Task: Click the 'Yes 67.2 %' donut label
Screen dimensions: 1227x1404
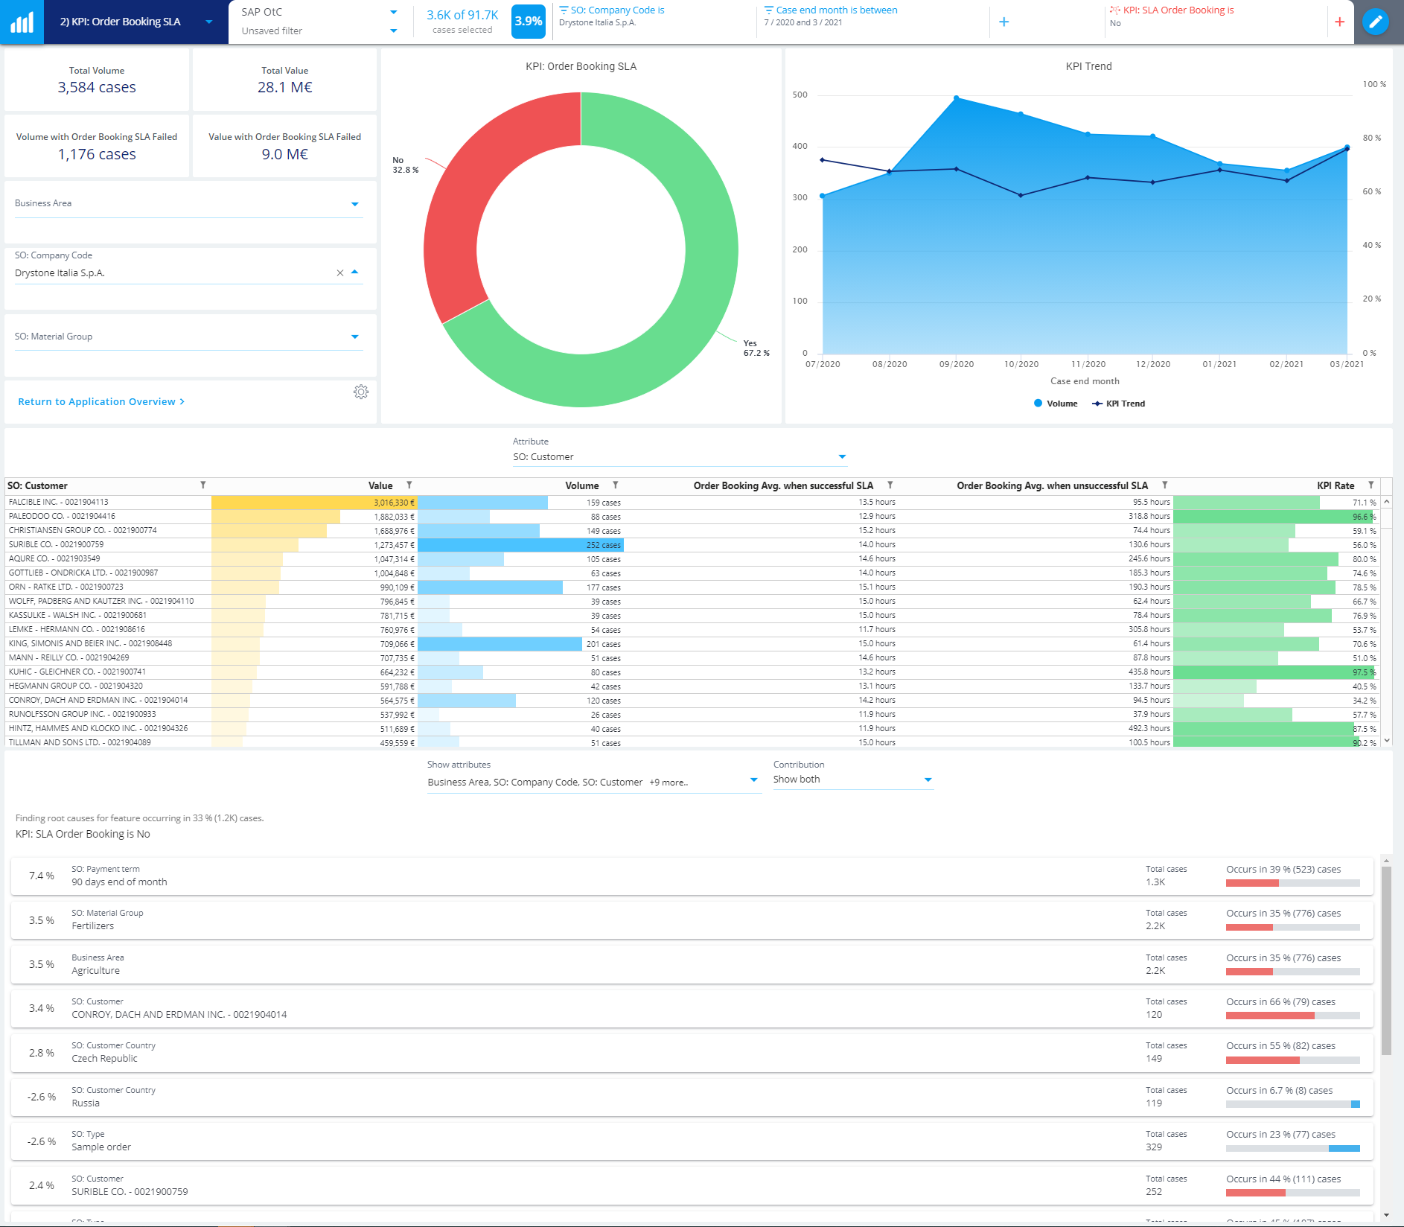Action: pos(756,348)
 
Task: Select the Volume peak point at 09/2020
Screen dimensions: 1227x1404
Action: pos(957,98)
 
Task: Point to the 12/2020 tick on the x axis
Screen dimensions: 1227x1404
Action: pos(1152,364)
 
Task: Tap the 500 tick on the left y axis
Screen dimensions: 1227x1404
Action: pos(800,95)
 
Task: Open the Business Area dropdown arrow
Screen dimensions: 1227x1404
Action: pos(354,204)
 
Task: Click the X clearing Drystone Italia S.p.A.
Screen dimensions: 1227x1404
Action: pos(340,273)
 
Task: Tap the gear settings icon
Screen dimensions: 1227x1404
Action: pos(361,392)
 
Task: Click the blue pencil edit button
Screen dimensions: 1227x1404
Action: pos(1375,22)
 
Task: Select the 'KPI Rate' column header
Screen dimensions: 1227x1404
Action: pos(1335,485)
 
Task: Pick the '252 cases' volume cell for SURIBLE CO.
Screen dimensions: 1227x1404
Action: pos(603,545)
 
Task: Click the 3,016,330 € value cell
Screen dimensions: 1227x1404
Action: pos(394,503)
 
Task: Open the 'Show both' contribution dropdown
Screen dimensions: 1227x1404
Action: pos(928,780)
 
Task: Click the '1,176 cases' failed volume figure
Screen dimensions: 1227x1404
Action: pos(97,154)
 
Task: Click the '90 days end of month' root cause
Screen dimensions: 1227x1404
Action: pos(119,882)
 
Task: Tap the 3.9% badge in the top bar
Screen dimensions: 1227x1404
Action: pos(528,22)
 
